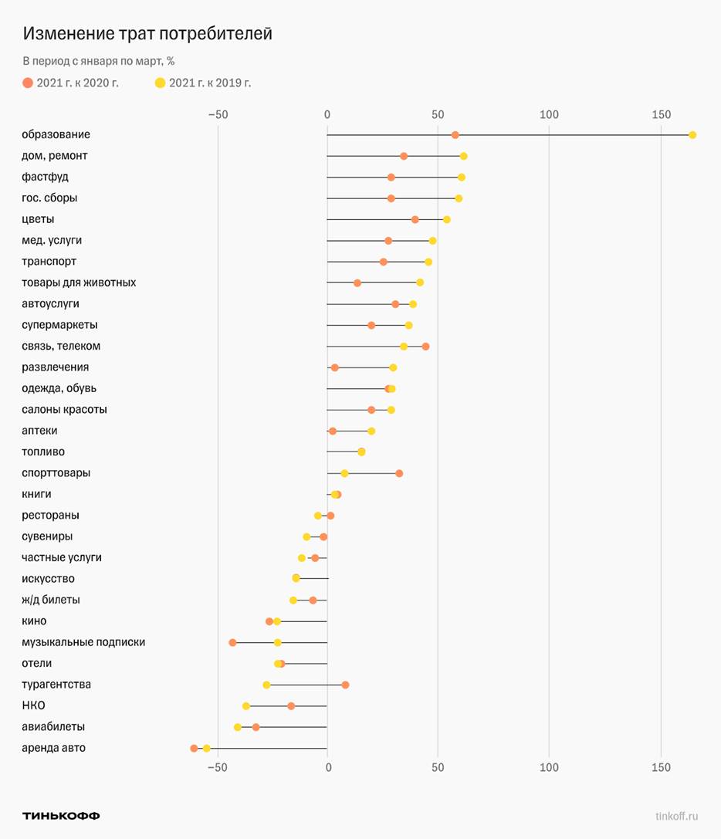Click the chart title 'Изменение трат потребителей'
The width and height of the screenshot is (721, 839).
[147, 34]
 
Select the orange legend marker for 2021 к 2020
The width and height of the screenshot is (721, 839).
[28, 83]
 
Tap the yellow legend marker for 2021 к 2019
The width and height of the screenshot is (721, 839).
[160, 83]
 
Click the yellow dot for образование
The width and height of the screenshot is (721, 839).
[692, 135]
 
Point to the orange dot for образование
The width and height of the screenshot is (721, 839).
[455, 135]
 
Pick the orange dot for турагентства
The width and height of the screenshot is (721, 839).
[345, 685]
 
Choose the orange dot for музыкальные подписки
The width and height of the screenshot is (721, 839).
[232, 642]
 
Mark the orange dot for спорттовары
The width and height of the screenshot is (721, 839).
[399, 473]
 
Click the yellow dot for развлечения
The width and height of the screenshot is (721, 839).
[393, 367]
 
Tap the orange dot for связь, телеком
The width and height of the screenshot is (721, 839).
[425, 347]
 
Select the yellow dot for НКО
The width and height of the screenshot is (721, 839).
[246, 706]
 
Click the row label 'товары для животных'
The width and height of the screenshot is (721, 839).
[79, 282]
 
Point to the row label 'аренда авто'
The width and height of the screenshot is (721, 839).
[53, 748]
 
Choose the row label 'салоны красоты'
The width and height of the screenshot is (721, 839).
[64, 409]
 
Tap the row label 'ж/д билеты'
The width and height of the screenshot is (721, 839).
[50, 600]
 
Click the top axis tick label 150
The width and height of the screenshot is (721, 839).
[661, 115]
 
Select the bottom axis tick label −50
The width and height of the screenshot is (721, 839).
[218, 767]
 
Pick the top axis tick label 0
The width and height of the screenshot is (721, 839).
[327, 115]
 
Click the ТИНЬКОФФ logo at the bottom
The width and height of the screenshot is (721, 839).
[61, 816]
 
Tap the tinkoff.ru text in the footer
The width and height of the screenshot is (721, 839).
[676, 816]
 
